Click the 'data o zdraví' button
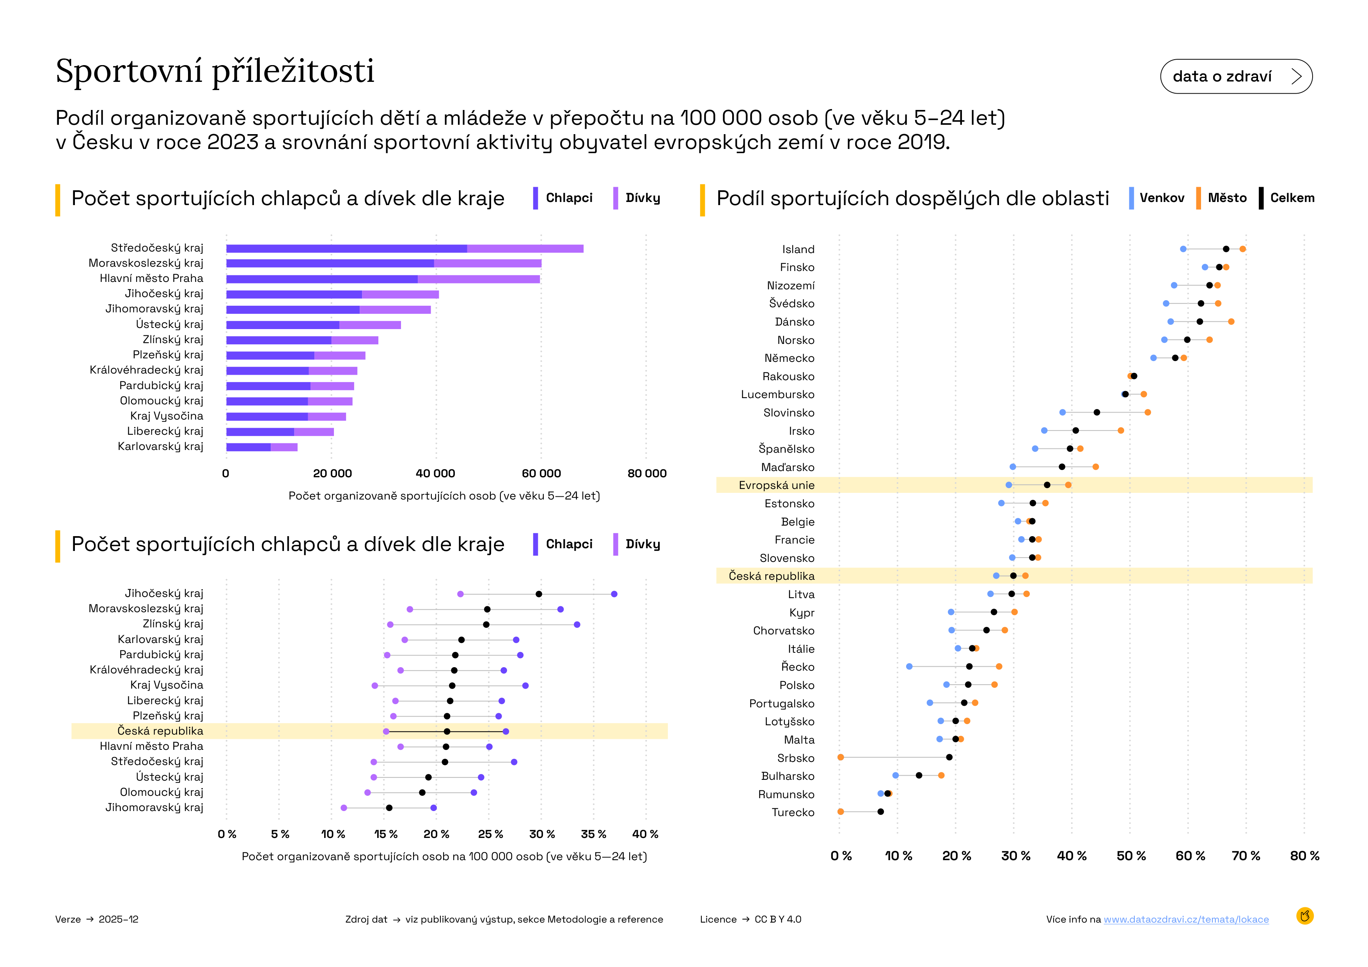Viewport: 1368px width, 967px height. pyautogui.click(x=1236, y=76)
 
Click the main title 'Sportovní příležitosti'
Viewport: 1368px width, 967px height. pyautogui.click(x=215, y=71)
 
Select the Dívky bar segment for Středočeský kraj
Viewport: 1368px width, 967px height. pyautogui.click(x=525, y=248)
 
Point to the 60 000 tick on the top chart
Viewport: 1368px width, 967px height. pyautogui.click(x=541, y=473)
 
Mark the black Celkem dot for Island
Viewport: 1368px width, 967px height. pyautogui.click(x=1226, y=249)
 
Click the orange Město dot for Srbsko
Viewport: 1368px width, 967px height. pyautogui.click(x=841, y=757)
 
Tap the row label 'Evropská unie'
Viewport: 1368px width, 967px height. pyautogui.click(x=776, y=485)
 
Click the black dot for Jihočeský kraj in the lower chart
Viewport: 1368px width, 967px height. pyautogui.click(x=539, y=594)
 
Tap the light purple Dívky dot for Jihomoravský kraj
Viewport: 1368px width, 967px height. pyautogui.click(x=344, y=808)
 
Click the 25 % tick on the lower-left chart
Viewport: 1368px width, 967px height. pyautogui.click(x=490, y=834)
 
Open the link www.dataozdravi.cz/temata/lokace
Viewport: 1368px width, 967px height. pyautogui.click(x=1186, y=919)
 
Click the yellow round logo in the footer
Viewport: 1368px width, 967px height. pyautogui.click(x=1304, y=916)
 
